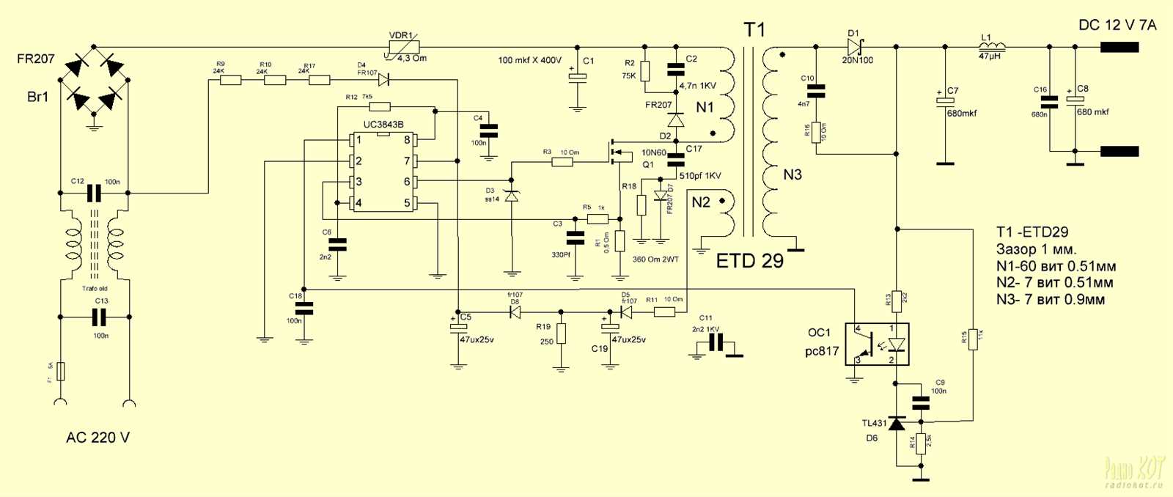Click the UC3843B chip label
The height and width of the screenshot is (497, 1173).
click(383, 125)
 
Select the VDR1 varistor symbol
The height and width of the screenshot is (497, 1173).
click(402, 48)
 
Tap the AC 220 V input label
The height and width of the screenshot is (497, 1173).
click(98, 438)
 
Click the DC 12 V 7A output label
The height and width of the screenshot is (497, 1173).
click(1117, 25)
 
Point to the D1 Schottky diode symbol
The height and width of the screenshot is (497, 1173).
click(853, 47)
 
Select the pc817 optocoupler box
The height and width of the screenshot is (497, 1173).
click(877, 345)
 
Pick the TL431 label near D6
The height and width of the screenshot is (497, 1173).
click(874, 423)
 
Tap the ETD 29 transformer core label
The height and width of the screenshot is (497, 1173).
click(749, 261)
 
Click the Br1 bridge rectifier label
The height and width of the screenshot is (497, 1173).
click(37, 97)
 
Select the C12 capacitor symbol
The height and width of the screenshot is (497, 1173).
click(94, 194)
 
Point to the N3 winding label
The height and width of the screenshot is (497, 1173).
click(793, 174)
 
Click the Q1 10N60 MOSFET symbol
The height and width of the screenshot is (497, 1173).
click(617, 152)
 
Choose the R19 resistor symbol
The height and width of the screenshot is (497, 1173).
click(561, 334)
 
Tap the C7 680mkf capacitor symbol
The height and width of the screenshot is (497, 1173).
click(945, 102)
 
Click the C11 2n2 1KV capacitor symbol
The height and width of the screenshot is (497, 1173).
click(716, 342)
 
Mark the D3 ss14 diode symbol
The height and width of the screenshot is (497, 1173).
click(512, 195)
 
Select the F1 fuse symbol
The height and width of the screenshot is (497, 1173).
click(61, 371)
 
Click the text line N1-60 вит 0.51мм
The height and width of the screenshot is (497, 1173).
click(1056, 266)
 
